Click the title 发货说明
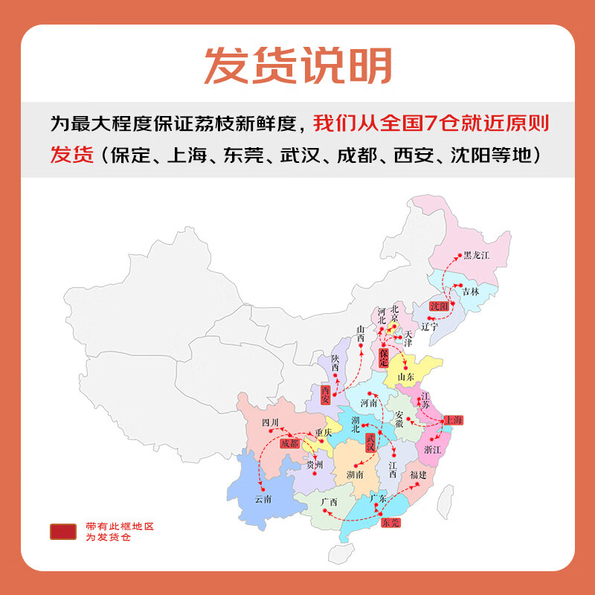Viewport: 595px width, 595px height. [297, 65]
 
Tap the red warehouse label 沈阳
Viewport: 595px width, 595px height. [440, 306]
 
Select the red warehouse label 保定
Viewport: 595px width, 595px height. [384, 357]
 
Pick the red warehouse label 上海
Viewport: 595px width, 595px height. [453, 421]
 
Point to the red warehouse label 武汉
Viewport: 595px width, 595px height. [370, 443]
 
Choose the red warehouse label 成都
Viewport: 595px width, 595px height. [291, 443]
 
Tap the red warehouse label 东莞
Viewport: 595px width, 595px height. [390, 522]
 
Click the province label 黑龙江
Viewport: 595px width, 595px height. [476, 256]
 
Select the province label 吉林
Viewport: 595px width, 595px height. [470, 292]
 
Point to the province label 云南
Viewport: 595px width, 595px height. [263, 499]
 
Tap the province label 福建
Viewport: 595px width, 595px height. [418, 475]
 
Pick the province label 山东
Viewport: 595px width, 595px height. [405, 377]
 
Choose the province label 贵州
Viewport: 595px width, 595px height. [317, 466]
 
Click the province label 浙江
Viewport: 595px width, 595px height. [432, 451]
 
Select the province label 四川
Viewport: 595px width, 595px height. [269, 422]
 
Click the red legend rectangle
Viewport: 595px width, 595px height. [63, 531]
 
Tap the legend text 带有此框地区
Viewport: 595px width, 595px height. [119, 526]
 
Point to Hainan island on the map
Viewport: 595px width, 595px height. [340, 553]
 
